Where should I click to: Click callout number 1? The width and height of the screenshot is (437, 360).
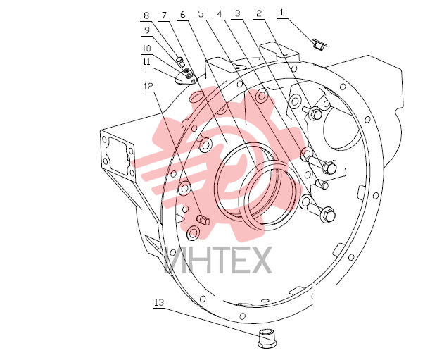click(281, 13)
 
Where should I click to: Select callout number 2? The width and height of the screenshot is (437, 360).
click(259, 13)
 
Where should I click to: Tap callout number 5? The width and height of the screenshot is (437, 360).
click(201, 14)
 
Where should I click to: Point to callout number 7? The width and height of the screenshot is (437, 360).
click(164, 15)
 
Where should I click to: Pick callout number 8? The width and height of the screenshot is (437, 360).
click(146, 15)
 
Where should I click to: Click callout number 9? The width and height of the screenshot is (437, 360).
click(147, 30)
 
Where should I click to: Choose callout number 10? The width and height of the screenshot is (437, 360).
click(146, 49)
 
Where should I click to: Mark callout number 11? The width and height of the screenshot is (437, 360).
click(146, 62)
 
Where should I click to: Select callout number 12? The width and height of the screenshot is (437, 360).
click(148, 86)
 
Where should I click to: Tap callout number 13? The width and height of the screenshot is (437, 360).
click(159, 302)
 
